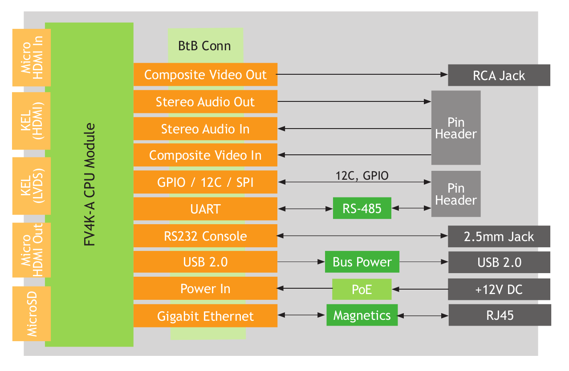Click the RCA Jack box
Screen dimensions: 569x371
(499, 75)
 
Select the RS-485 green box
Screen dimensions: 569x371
(362, 208)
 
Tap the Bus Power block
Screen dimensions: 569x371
(362, 262)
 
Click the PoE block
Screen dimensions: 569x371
(362, 289)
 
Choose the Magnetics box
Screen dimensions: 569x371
(362, 315)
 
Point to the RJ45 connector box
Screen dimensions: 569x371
(500, 315)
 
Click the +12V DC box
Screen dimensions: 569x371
(499, 289)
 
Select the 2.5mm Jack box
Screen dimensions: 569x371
(499, 237)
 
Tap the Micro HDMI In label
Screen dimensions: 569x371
(32, 57)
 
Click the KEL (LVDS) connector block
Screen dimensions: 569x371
(32, 186)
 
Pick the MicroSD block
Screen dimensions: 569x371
(32, 314)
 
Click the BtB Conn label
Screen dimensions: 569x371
(204, 46)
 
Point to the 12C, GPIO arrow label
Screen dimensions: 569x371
(362, 176)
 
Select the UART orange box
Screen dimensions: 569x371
(206, 209)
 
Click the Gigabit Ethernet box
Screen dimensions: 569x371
(206, 316)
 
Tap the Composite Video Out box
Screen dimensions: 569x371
(206, 75)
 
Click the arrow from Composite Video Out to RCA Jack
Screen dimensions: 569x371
(362, 74)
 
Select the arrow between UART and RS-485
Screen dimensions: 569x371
(305, 209)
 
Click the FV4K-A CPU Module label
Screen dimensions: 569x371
(89, 185)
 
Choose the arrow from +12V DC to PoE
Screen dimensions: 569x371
(420, 289)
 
